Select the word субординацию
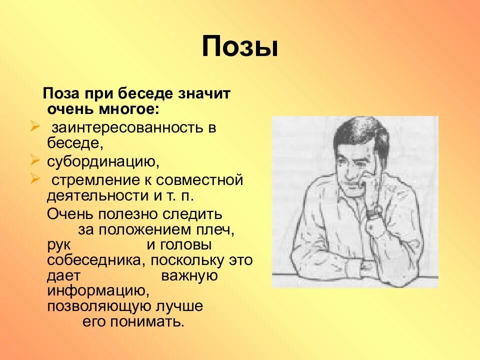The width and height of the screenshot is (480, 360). coord(103,162)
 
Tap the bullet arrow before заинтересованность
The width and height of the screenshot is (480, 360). coord(35,126)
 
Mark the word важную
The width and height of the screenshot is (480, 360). coord(189,276)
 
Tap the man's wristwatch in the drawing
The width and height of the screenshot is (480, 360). coord(373,211)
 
